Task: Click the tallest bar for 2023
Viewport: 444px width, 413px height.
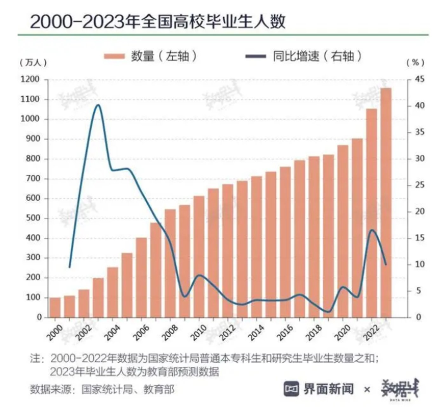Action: (386, 203)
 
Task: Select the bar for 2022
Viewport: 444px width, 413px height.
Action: (372, 213)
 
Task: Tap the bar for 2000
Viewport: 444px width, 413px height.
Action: (55, 307)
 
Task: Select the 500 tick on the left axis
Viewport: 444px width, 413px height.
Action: (32, 218)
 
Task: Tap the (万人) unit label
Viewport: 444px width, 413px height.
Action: (33, 63)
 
